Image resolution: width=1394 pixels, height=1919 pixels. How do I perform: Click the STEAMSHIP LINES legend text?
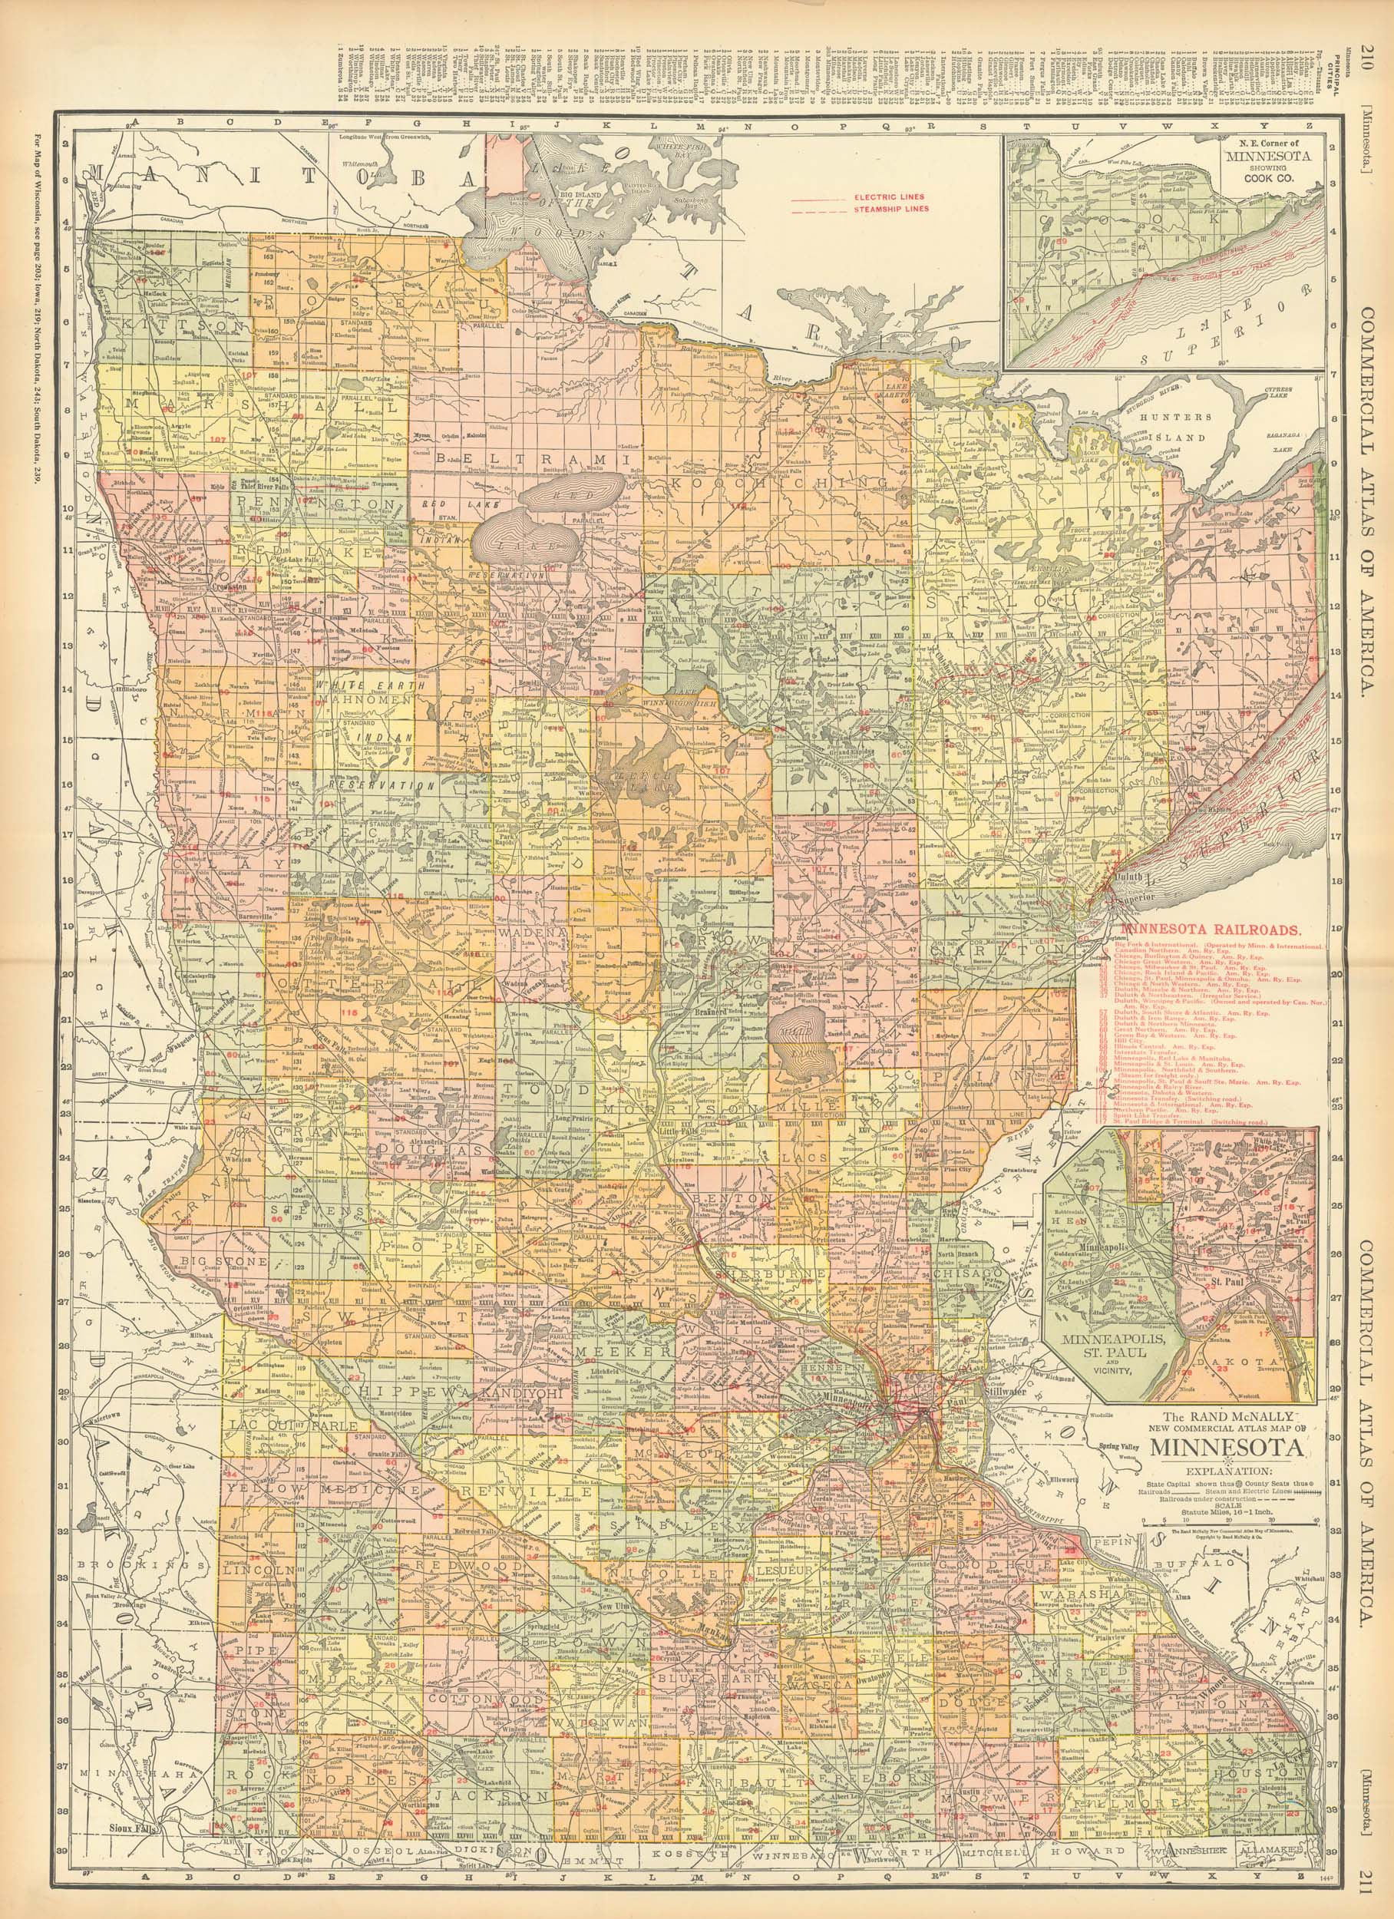[888, 208]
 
